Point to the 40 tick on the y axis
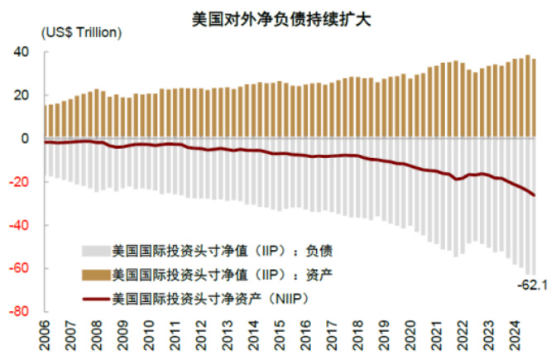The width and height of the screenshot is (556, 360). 23,52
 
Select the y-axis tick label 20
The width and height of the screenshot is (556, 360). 23,95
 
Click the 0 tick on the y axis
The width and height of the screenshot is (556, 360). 26,138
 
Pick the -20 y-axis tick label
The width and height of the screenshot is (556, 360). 22,182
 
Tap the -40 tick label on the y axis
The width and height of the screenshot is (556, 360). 22,225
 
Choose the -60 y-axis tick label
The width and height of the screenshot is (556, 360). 22,269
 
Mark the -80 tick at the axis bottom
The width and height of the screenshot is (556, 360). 22,312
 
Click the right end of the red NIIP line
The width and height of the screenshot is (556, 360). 534,194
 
